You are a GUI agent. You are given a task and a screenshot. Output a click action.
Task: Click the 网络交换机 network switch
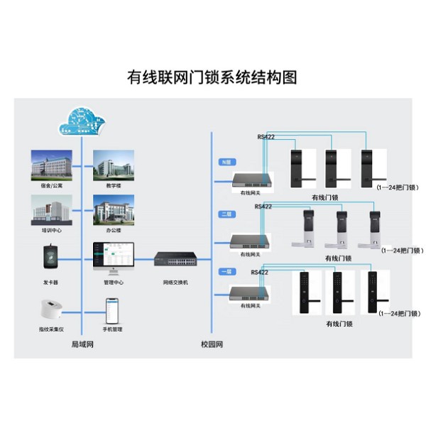click(176, 262)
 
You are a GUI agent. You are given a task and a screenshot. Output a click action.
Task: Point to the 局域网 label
click(83, 344)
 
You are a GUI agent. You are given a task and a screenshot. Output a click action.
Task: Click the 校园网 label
click(212, 344)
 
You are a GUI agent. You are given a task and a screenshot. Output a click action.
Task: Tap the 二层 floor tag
click(226, 213)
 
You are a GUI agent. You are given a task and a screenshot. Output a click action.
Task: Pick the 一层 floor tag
click(226, 272)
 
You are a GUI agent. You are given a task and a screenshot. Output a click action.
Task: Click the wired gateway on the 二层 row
click(251, 241)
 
